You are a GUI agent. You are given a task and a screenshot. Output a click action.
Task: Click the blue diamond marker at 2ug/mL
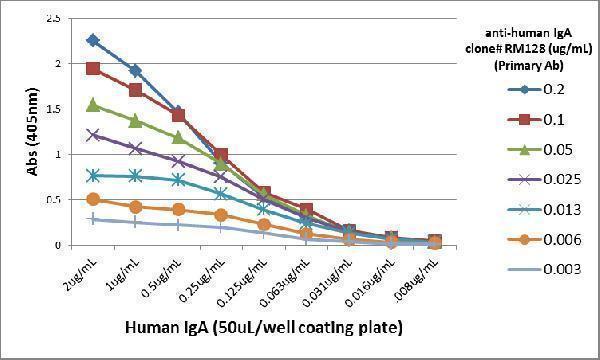(93, 40)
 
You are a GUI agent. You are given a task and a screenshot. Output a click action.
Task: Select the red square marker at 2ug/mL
(93, 68)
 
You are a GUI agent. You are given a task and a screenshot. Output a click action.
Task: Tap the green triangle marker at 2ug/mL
(93, 104)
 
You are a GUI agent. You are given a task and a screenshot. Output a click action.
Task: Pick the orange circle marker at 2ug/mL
(93, 199)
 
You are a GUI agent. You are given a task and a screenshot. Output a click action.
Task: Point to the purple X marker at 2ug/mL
(93, 134)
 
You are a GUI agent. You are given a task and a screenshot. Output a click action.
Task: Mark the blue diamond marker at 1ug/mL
(135, 71)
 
